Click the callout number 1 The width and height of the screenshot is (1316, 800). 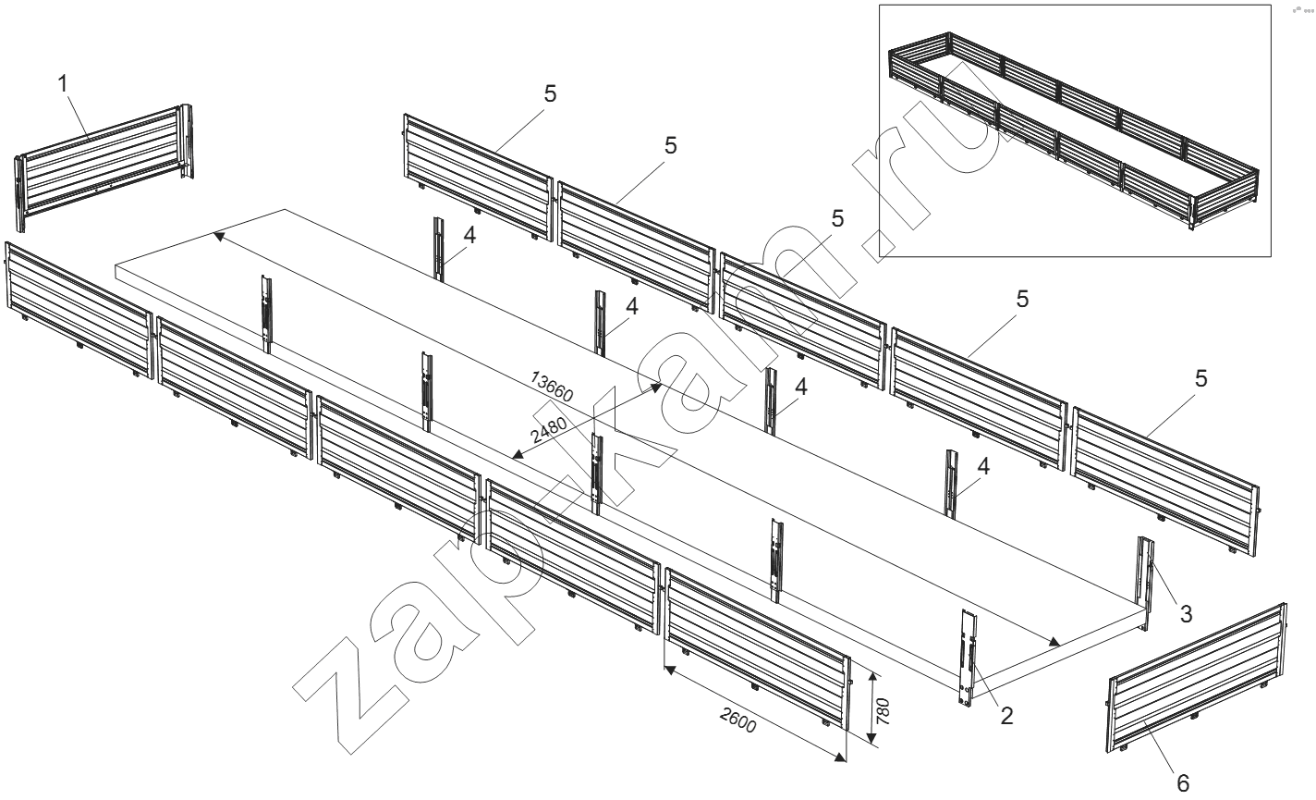(63, 83)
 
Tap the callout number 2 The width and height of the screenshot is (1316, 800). (1006, 714)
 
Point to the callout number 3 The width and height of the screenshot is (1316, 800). (1186, 611)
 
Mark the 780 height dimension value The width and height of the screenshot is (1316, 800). (883, 710)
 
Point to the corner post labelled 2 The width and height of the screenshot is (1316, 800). (967, 658)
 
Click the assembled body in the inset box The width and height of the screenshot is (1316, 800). (1072, 129)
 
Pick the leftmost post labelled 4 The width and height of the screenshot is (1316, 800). (441, 248)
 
